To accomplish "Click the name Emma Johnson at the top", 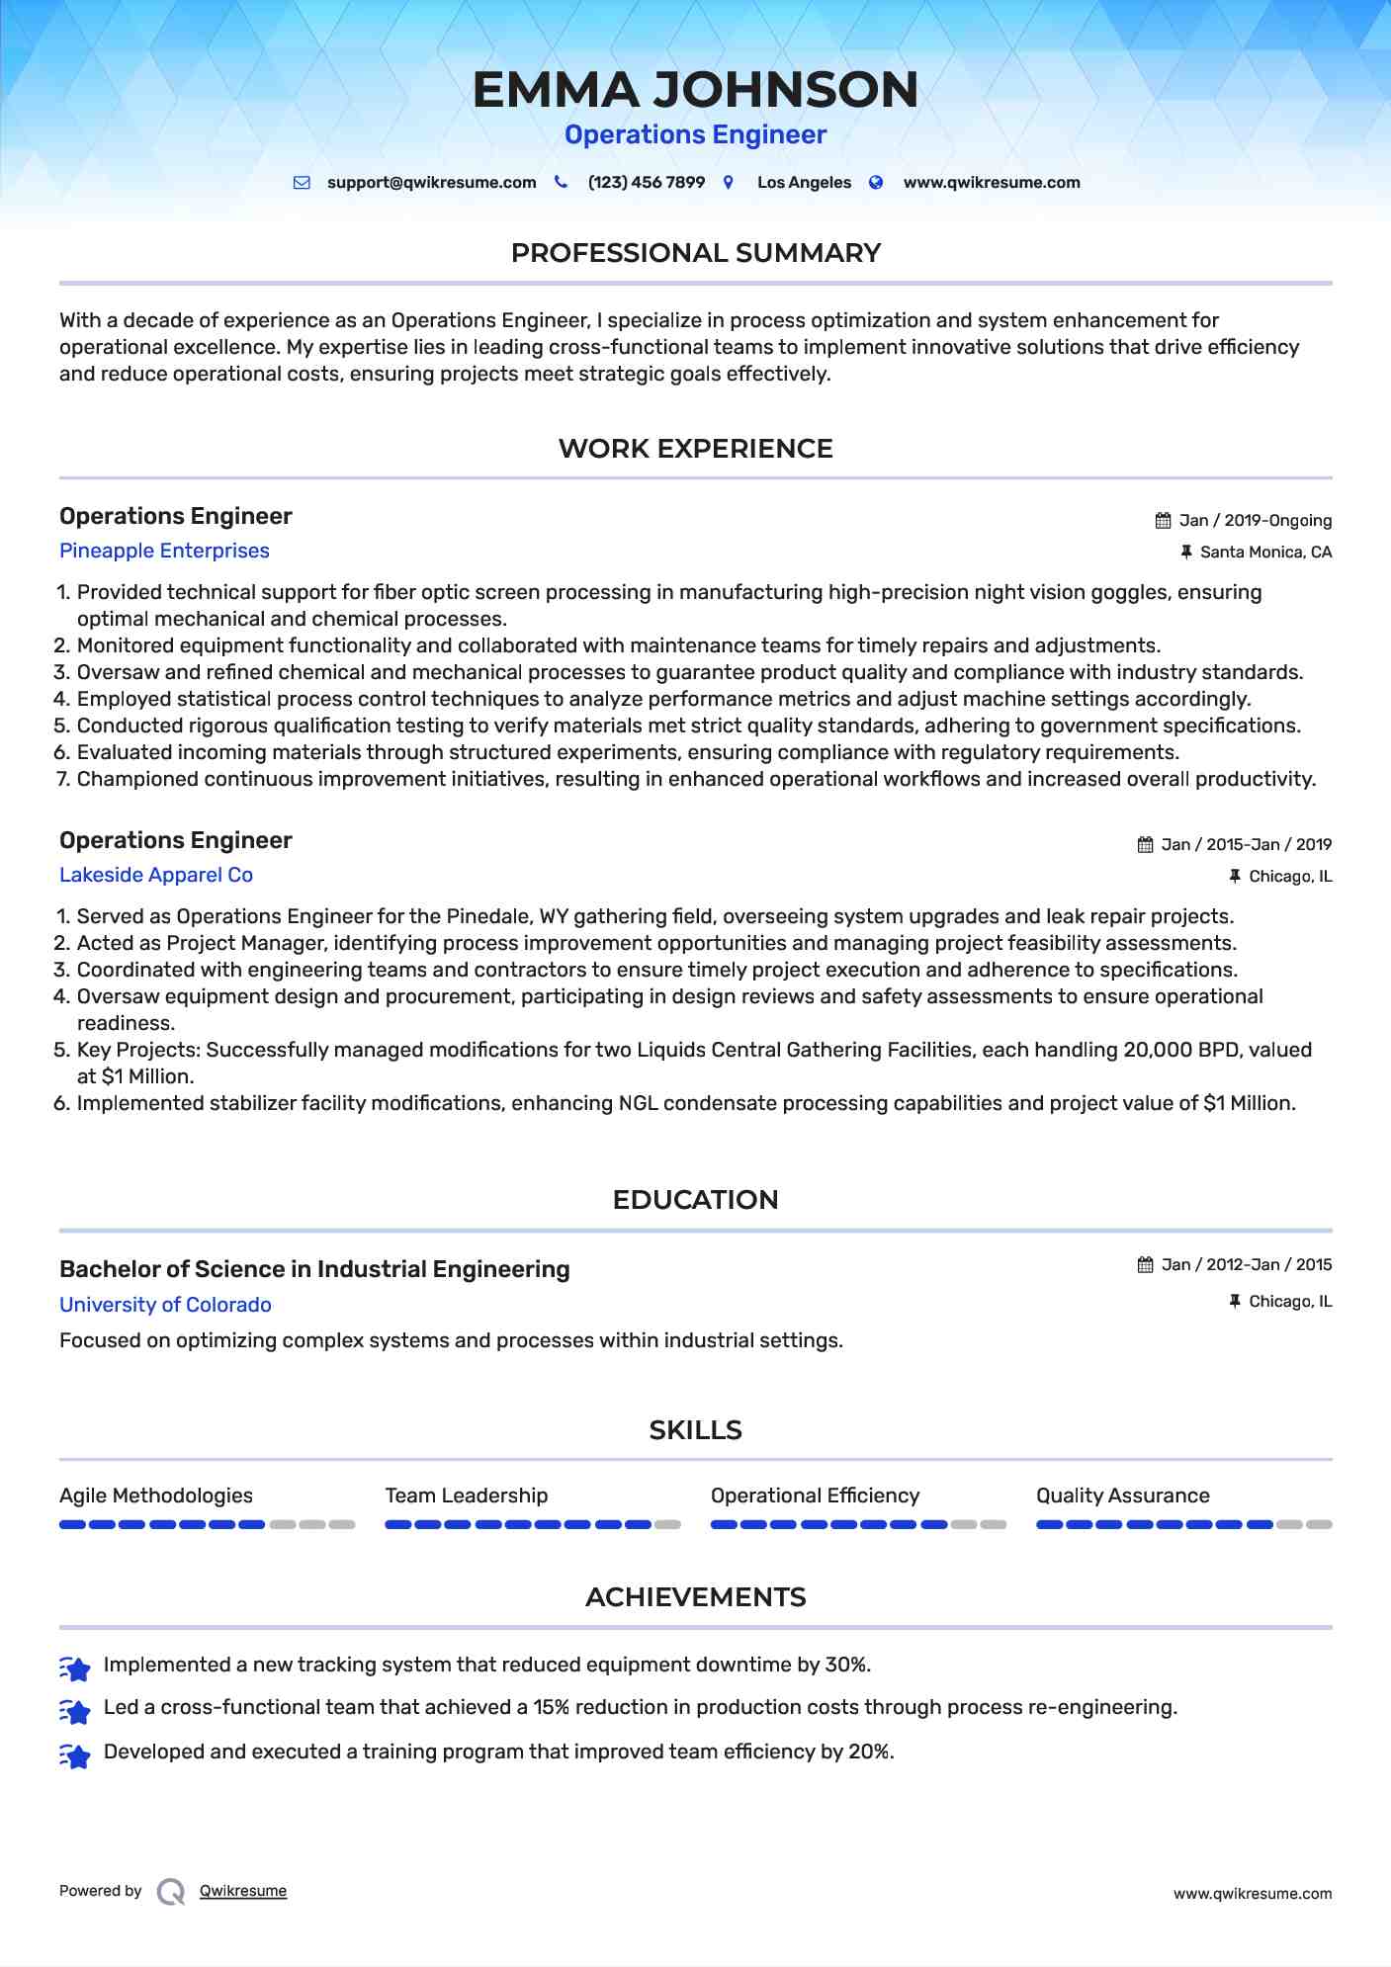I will (x=695, y=89).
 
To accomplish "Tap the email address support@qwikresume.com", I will (x=431, y=183).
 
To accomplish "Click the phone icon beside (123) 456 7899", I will (x=561, y=182).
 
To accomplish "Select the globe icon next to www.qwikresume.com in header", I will (x=876, y=182).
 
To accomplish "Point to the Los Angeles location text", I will (x=804, y=183).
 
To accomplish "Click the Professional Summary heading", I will (x=695, y=253).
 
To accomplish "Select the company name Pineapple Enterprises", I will (x=164, y=551).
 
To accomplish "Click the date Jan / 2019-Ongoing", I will (x=1256, y=521).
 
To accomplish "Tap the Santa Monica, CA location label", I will (x=1265, y=553).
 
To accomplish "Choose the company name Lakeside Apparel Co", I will (x=156, y=875).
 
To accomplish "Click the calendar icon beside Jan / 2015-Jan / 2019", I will (x=1145, y=845).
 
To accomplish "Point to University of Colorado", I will (x=165, y=1305).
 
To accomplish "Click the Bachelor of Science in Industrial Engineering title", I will (x=314, y=1269).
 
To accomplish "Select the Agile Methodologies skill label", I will (x=156, y=1496).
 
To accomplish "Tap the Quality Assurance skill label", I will (x=1122, y=1496).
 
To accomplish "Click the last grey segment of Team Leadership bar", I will (x=668, y=1524).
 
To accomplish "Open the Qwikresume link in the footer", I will (x=243, y=1891).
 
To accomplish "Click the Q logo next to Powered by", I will (x=171, y=1891).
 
